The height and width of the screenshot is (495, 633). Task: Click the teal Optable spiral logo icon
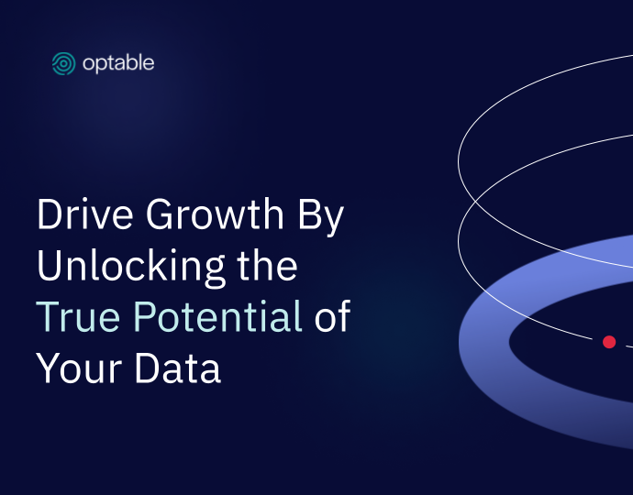(63, 63)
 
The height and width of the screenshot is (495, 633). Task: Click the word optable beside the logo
(118, 63)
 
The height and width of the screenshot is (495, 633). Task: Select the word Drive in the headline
(84, 214)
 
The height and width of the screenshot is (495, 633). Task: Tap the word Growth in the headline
(215, 214)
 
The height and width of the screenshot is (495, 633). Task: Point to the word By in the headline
(321, 217)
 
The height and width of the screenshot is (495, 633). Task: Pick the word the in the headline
(267, 265)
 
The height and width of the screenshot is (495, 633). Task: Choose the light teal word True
(78, 316)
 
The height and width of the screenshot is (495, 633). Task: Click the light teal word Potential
(217, 316)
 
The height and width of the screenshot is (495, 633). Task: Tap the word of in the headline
(333, 316)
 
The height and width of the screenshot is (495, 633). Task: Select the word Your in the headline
(79, 368)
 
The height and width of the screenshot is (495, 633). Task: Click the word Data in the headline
(178, 368)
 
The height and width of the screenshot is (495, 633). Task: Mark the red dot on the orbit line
(609, 342)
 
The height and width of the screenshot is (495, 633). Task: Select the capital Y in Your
(47, 368)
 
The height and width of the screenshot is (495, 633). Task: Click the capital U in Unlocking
(50, 265)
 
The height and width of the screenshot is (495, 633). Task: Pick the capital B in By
(309, 214)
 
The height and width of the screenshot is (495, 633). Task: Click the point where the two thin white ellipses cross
(475, 200)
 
